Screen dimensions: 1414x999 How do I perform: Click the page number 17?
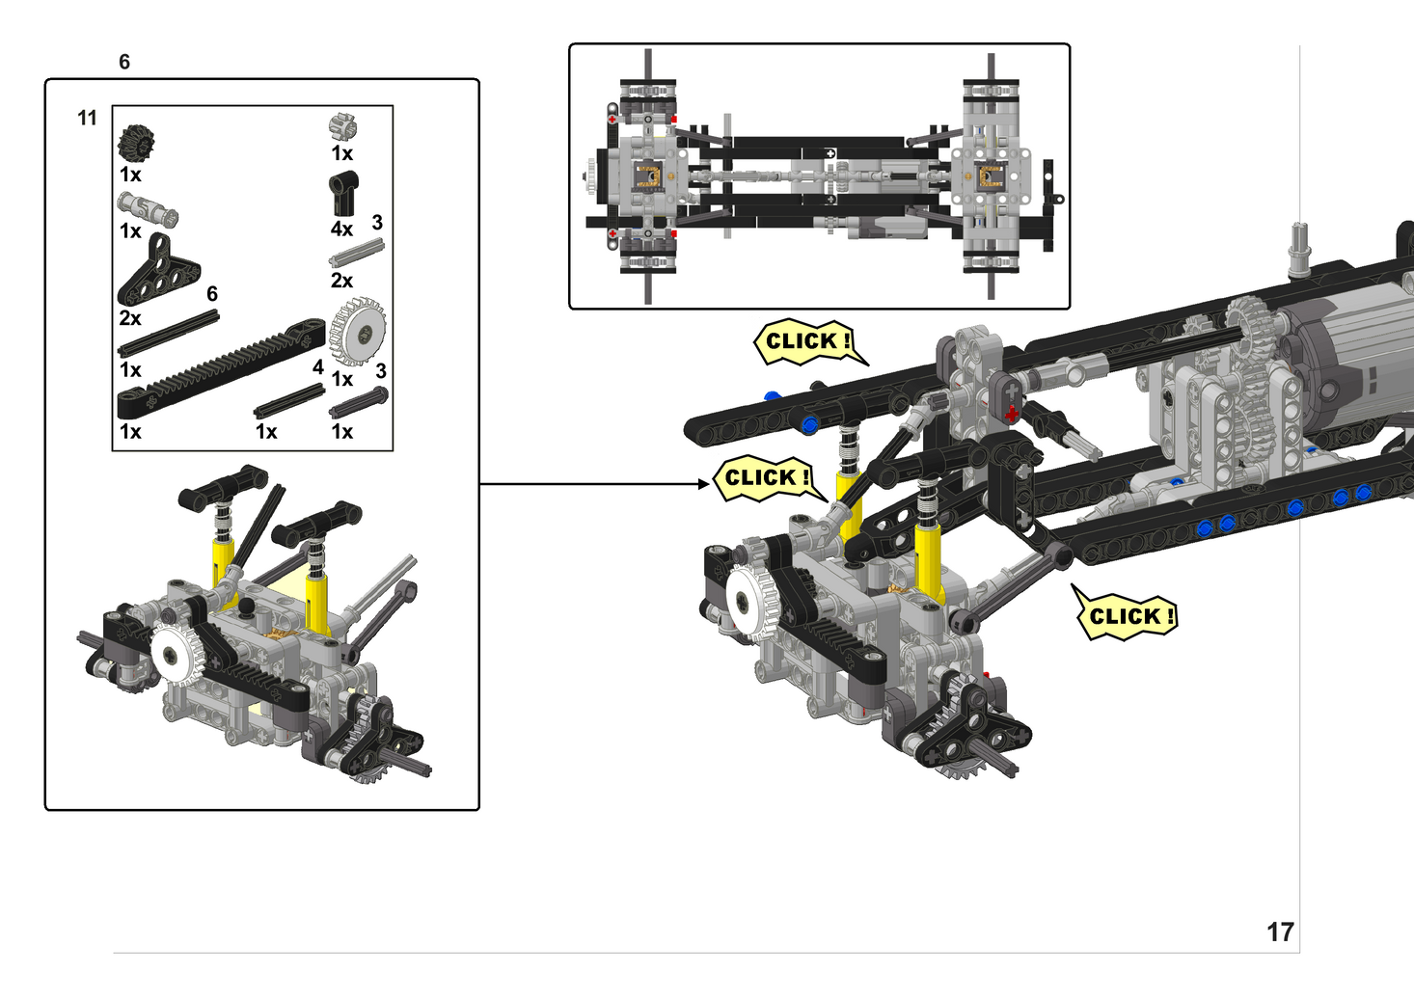click(1280, 932)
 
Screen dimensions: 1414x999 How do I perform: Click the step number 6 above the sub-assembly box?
click(124, 62)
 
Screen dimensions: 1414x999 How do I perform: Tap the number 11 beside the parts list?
click(87, 118)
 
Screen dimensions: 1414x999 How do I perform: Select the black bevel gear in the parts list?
click(136, 143)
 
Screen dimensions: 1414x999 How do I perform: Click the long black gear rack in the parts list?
click(221, 368)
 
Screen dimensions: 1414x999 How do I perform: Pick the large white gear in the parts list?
click(358, 331)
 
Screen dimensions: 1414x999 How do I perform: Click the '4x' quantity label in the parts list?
click(341, 229)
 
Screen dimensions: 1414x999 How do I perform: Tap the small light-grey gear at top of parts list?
click(343, 126)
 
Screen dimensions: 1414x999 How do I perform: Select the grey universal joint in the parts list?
click(148, 209)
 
